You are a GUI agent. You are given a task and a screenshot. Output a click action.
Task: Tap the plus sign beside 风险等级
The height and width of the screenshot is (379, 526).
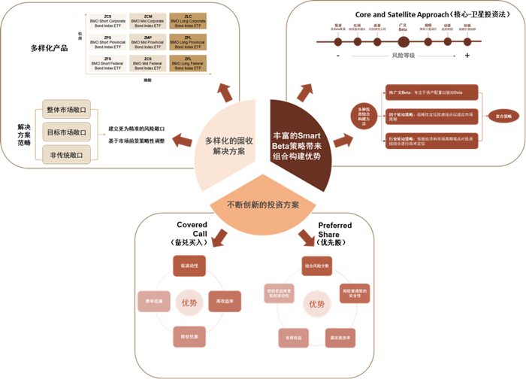coord(467,56)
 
